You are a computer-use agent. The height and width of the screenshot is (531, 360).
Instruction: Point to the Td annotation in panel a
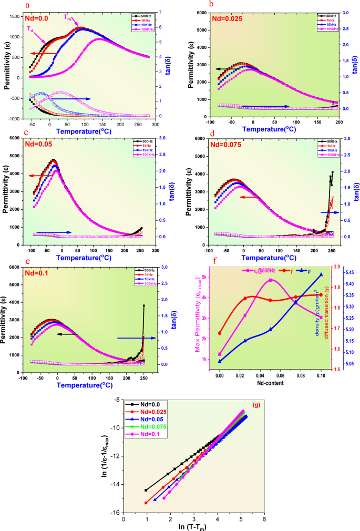(x=32, y=29)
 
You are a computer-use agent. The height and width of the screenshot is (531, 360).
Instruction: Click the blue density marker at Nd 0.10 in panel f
(x=321, y=274)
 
